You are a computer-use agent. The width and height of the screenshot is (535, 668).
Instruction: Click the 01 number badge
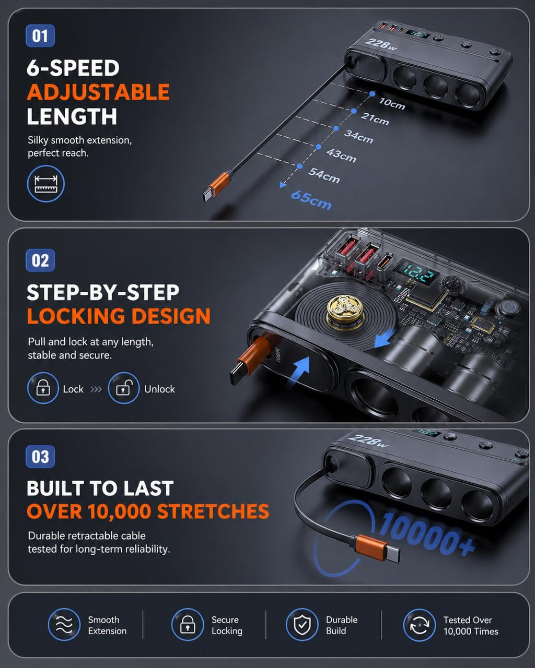click(x=40, y=35)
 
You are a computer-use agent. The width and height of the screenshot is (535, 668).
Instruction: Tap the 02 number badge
click(x=40, y=260)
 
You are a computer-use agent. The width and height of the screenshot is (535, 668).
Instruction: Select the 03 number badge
click(x=40, y=456)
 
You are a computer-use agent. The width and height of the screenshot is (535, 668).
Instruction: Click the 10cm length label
click(x=392, y=104)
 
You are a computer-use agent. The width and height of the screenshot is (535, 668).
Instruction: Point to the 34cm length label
click(x=359, y=137)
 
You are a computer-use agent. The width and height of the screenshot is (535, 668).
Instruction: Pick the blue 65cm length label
click(x=311, y=200)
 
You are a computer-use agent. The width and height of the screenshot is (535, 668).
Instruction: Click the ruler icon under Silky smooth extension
click(x=45, y=184)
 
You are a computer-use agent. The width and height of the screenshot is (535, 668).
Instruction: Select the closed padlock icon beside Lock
click(x=43, y=388)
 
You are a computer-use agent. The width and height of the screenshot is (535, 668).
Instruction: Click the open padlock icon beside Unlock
click(x=123, y=388)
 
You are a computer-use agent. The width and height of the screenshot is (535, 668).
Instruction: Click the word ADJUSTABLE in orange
click(x=98, y=92)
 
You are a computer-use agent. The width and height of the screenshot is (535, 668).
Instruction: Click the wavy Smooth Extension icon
click(x=64, y=624)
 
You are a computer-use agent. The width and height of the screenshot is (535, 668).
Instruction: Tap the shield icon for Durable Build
click(x=302, y=624)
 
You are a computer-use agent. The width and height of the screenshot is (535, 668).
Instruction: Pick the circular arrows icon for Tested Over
click(x=419, y=624)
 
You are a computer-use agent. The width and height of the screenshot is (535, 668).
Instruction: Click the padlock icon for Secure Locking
click(x=188, y=624)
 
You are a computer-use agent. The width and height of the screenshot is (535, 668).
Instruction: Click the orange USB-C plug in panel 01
click(x=217, y=187)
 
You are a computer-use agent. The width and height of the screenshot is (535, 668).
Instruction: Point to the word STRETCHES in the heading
click(x=213, y=511)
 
